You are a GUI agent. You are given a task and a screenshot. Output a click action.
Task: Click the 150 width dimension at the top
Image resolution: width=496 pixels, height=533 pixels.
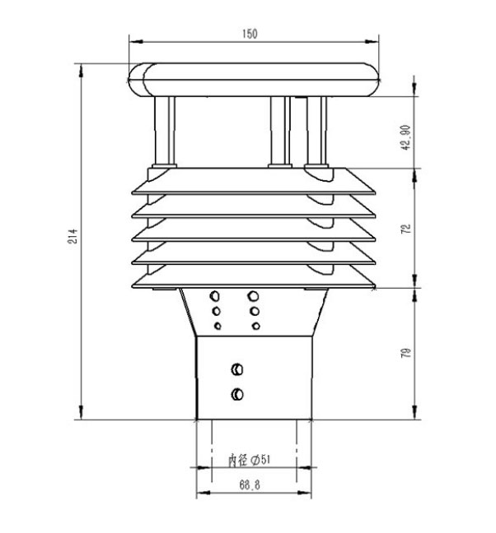point(250,34)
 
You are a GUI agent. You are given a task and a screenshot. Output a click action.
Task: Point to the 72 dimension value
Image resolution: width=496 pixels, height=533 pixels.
point(405,229)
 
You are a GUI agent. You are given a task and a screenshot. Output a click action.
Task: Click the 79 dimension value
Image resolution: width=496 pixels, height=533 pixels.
point(405,354)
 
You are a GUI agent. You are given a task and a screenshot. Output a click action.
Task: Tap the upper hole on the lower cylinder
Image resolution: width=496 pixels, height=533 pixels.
point(238,368)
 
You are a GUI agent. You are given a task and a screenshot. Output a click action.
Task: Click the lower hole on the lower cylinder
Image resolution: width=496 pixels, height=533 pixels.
point(238,394)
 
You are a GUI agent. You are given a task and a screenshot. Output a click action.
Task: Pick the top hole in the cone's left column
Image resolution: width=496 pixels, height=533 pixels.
point(216,295)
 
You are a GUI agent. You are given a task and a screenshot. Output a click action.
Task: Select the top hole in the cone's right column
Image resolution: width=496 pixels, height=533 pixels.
point(255,294)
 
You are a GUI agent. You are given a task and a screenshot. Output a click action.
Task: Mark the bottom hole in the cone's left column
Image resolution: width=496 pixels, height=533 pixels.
point(218,326)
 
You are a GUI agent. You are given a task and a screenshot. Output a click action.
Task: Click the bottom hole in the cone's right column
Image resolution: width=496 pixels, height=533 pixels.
point(255,326)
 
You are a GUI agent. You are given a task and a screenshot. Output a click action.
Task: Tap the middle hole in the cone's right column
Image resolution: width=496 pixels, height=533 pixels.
point(255,311)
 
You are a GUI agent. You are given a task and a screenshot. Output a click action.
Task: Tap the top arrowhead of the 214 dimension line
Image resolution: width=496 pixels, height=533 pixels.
point(81,67)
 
